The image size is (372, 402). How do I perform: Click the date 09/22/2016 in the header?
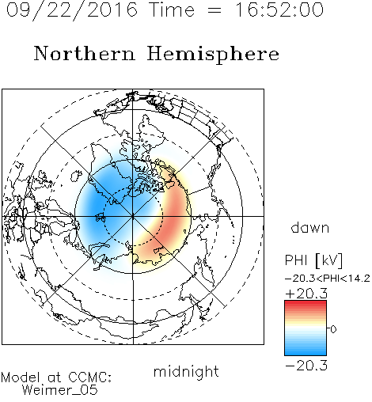point(71,10)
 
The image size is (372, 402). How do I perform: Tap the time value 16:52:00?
point(279,9)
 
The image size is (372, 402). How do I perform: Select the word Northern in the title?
point(85,54)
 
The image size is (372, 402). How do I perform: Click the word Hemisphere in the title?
point(213,55)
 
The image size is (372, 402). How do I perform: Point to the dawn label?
point(310,227)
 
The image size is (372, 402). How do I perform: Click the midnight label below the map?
point(186,371)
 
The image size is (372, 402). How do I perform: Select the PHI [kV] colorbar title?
point(313,260)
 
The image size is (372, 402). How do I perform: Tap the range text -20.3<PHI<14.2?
point(328,279)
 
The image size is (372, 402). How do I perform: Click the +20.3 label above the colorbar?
point(306,294)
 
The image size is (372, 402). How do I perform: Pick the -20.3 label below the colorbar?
point(306,366)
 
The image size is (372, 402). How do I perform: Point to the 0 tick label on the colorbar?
point(333,329)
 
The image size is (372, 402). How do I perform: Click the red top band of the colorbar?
point(306,304)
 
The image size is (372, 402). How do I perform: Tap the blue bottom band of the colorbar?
point(306,352)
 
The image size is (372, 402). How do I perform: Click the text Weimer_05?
point(60,390)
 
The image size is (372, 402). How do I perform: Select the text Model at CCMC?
point(56,377)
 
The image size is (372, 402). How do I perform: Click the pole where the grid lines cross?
point(133,216)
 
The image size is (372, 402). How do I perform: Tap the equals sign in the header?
point(214,10)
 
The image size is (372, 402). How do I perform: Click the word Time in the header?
point(172,9)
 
